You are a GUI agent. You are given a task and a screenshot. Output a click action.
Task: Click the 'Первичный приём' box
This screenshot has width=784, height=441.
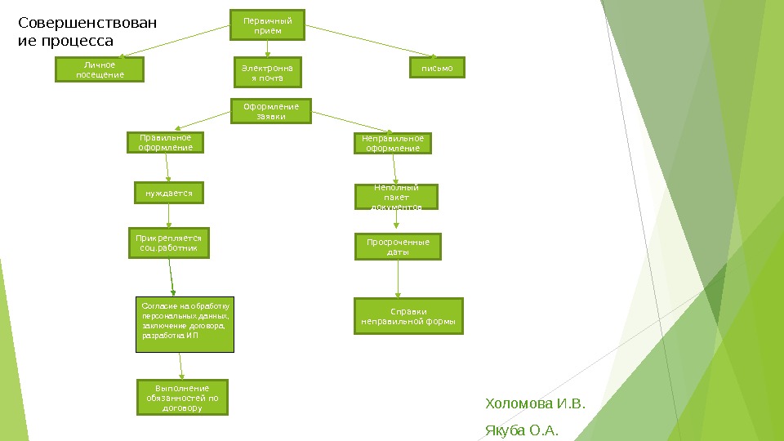[268, 24]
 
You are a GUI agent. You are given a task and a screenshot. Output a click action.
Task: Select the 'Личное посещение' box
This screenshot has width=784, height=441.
[100, 69]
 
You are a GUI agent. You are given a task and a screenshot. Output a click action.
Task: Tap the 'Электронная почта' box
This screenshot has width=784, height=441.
[268, 72]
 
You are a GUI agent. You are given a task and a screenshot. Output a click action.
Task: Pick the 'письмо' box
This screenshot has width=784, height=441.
[437, 69]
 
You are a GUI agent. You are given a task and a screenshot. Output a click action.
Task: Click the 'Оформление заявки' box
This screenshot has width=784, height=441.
[271, 111]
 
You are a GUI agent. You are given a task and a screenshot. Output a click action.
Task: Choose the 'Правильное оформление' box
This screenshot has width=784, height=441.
[165, 143]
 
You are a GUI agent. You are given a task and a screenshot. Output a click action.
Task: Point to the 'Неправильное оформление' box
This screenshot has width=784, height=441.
[393, 144]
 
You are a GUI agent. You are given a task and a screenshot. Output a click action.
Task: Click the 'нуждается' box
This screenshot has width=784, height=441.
[168, 194]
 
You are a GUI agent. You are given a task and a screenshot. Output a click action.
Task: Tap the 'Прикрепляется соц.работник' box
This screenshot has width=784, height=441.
[169, 243]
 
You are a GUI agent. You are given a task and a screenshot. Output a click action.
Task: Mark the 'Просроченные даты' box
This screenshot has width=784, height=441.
[398, 247]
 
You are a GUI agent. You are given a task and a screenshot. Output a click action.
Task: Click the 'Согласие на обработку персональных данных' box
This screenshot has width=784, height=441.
[185, 323]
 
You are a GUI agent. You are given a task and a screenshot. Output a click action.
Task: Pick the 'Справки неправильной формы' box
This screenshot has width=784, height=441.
[408, 316]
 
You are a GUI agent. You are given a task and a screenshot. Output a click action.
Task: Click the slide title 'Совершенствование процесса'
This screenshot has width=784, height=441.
[87, 31]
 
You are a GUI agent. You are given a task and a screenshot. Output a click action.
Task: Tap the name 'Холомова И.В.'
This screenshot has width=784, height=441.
[535, 404]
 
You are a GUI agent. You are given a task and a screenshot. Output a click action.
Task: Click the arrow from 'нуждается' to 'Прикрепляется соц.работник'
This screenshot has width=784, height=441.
[169, 216]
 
